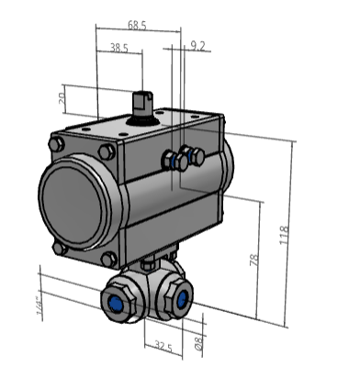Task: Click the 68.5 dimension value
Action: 137,26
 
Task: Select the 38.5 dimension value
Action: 119,48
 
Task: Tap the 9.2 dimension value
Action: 197,46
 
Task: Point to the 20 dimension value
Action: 62,98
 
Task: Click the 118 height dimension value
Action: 284,235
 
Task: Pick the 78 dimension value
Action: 254,260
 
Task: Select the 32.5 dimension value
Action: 163,346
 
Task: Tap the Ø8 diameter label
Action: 198,343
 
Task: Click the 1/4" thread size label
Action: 39,306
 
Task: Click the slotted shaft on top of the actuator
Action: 142,103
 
